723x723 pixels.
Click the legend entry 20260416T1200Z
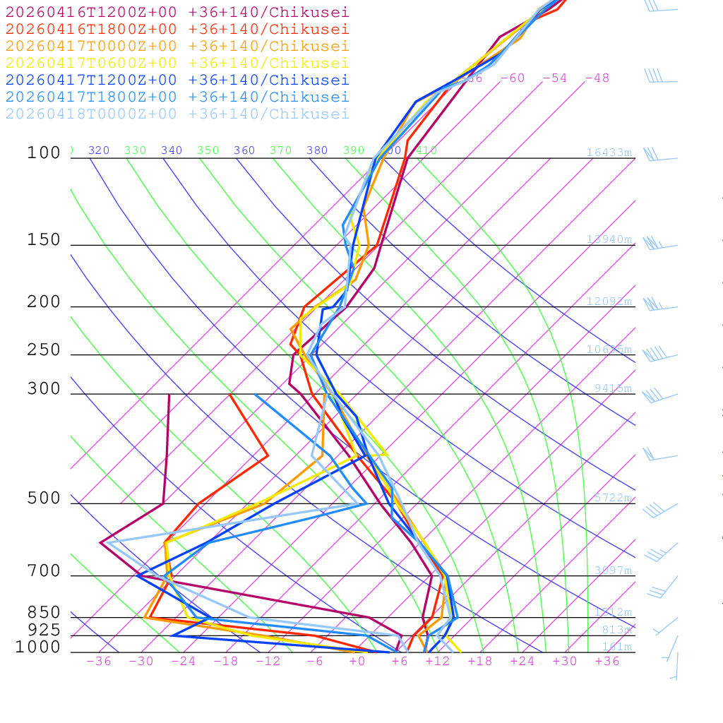177,12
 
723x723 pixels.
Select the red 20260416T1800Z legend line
177,29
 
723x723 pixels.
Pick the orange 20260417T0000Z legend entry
177,46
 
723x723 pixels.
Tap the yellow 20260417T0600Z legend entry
177,63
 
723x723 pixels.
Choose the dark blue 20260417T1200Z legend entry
177,80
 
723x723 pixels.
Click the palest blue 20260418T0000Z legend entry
177,114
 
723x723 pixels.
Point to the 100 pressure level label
44,153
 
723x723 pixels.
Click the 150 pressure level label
44,240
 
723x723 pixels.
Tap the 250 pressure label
44,350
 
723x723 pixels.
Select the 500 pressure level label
44,498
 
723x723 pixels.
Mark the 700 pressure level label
44,571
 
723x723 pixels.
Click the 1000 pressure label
38,647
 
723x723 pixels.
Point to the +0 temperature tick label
357,661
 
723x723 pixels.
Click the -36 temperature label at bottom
99,661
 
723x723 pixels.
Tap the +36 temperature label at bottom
607,661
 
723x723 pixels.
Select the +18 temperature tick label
480,661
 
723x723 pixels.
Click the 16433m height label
609,153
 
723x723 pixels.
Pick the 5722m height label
613,498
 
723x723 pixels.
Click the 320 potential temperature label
99,150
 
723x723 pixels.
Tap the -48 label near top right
597,78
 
